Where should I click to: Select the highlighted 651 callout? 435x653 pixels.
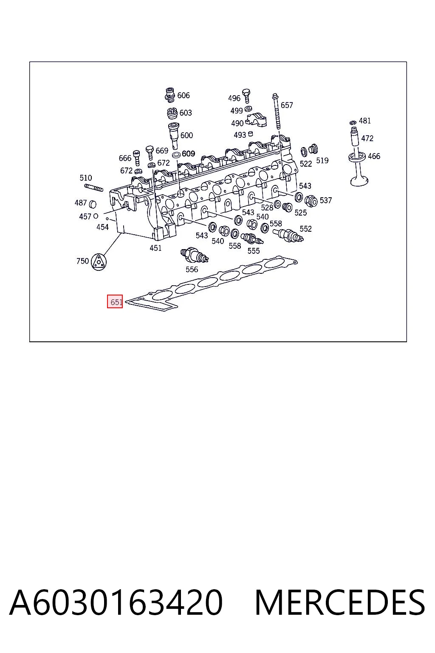(115, 301)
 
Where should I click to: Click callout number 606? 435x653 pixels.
(184, 95)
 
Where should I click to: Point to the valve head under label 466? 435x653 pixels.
(359, 180)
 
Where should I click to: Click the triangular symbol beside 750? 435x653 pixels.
(99, 261)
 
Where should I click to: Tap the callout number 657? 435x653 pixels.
(287, 105)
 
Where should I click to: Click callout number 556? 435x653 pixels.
(192, 270)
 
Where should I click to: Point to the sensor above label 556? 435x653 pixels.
(194, 255)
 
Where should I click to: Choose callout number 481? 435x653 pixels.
(365, 121)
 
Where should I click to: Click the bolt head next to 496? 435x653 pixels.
(246, 92)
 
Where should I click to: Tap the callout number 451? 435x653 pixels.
(155, 248)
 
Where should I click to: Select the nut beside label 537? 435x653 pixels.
(311, 201)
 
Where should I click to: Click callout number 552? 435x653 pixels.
(305, 229)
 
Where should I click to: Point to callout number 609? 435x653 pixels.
(189, 153)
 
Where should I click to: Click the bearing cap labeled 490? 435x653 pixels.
(257, 120)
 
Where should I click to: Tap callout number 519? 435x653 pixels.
(322, 161)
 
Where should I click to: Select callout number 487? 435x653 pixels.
(81, 203)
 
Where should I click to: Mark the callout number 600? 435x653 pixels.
(187, 135)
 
